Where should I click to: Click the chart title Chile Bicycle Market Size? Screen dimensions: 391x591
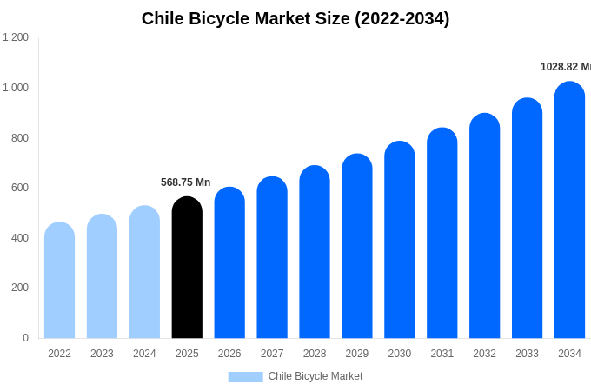tap(295, 18)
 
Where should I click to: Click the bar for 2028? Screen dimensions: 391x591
tap(315, 252)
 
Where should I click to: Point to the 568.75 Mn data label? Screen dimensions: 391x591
tap(185, 182)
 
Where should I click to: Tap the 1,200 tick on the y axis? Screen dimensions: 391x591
tap(16, 37)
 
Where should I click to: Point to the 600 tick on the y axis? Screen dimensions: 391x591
tap(19, 188)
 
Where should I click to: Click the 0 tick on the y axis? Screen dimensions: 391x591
tap(25, 338)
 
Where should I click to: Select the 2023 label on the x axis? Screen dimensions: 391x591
tap(102, 354)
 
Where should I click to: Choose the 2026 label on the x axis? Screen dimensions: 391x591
tap(229, 354)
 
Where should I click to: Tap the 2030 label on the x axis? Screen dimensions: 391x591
tap(400, 354)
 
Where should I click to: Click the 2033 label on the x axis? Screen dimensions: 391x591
tap(527, 354)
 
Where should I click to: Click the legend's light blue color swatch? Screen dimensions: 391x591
tap(245, 377)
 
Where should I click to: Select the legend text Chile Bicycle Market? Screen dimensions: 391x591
tap(315, 376)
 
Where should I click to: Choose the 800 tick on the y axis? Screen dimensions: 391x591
tap(19, 137)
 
